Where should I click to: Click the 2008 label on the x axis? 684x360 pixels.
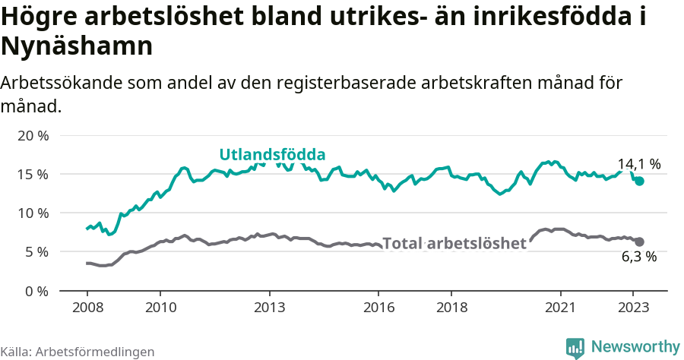click(x=87, y=308)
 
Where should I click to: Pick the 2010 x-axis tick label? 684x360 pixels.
click(x=160, y=308)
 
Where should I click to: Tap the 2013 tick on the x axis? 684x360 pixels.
click(x=269, y=308)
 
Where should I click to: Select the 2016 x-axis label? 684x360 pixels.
click(x=378, y=308)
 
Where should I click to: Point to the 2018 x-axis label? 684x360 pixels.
click(x=451, y=308)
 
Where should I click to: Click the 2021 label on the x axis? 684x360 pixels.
click(x=561, y=308)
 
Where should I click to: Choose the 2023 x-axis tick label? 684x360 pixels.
click(x=634, y=308)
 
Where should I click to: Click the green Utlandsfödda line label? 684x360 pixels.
click(x=272, y=155)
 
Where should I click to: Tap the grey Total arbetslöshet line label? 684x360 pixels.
click(x=454, y=244)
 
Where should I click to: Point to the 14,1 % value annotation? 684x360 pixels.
click(x=638, y=164)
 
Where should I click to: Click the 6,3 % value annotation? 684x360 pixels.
click(x=638, y=257)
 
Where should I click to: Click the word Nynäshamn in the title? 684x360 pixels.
click(x=78, y=46)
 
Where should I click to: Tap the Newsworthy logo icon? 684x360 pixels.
click(x=575, y=347)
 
